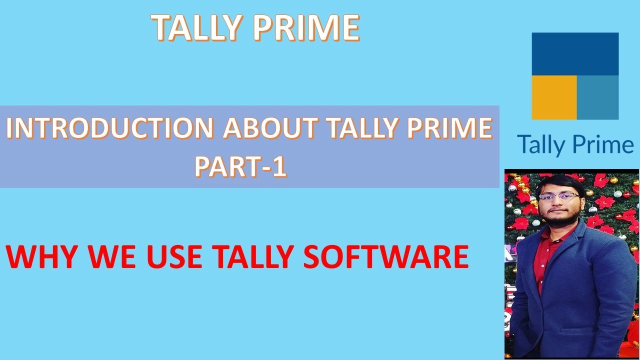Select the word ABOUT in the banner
pos(269,129)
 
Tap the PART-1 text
pos(240,167)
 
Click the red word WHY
pos(43,256)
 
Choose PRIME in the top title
pos(306,27)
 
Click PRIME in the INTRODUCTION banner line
pos(450,129)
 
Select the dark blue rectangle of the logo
pos(575,53)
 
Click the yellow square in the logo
pos(554,97)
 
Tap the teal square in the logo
pos(597,97)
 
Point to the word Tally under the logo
pos(541,145)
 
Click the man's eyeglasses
pos(559,197)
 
